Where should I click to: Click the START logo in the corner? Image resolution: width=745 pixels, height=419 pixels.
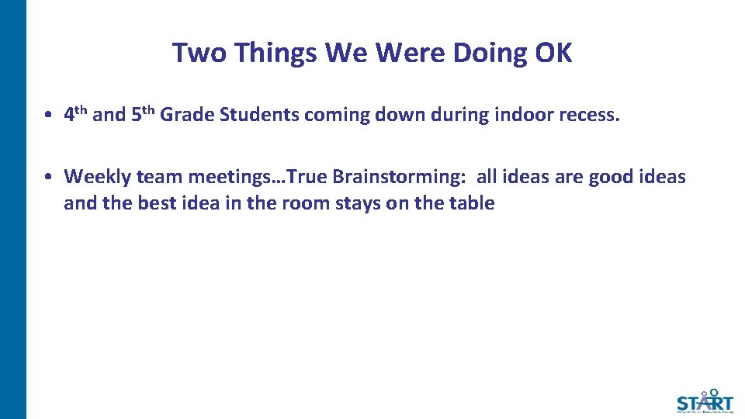[x=704, y=400]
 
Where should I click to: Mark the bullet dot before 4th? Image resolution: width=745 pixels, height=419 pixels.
[x=48, y=116]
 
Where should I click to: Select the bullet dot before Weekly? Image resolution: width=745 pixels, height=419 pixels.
[x=48, y=177]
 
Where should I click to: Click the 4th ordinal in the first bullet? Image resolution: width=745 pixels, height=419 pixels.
[x=75, y=114]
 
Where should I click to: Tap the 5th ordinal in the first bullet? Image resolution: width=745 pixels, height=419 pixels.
[x=143, y=114]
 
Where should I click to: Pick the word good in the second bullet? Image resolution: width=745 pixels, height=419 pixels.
[x=612, y=177]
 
